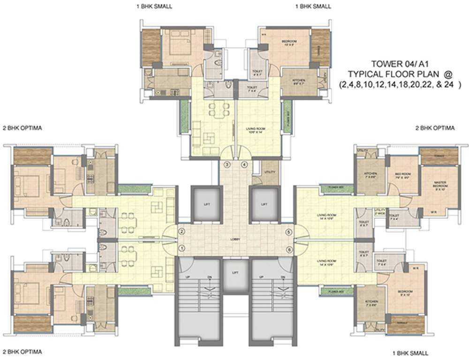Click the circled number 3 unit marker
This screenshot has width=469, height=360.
[x=227, y=165]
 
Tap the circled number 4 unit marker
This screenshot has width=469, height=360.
[x=244, y=165]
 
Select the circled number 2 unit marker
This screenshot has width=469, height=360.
[x=182, y=232]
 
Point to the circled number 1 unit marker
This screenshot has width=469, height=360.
[x=182, y=248]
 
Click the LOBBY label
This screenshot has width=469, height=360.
[x=235, y=240]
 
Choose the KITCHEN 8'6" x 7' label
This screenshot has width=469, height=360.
[x=299, y=82]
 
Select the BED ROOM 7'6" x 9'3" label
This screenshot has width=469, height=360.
[x=403, y=175]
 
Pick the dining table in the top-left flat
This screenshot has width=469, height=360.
[x=215, y=111]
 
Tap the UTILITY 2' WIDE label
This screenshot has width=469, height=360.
[x=379, y=211]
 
